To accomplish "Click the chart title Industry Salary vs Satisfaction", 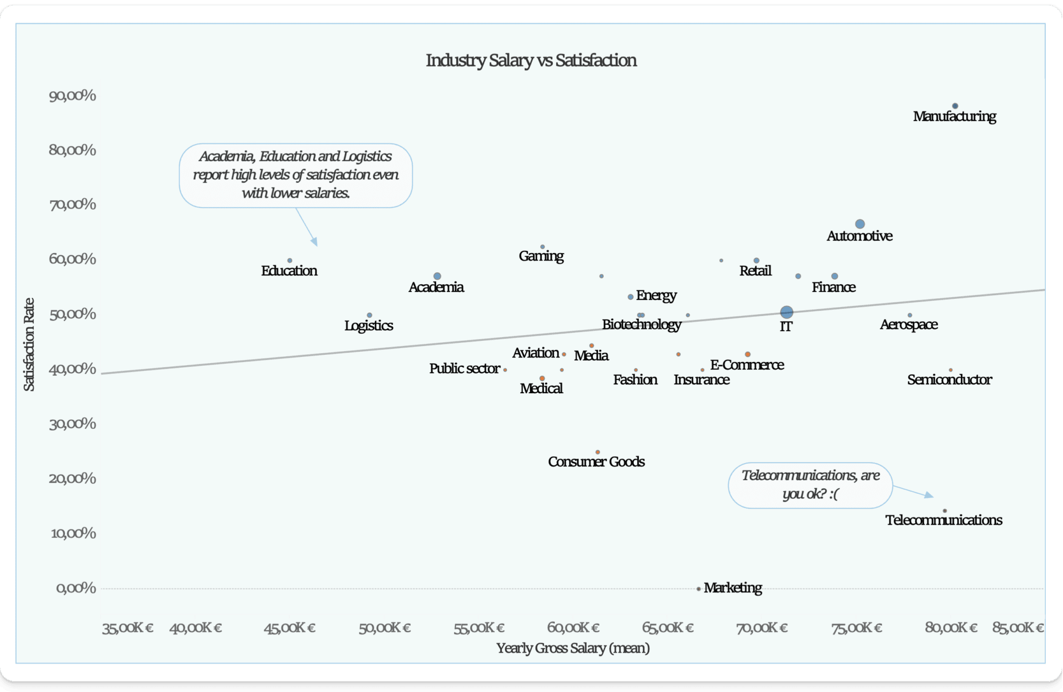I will [x=531, y=61].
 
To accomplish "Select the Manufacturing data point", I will [x=955, y=106].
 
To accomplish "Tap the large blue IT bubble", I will [x=787, y=312].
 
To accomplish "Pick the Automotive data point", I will [x=860, y=224].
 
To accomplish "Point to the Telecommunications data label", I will [x=944, y=520].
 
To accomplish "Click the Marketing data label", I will [x=733, y=588].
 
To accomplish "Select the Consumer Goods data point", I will [x=597, y=452].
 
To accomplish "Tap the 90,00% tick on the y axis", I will [x=73, y=96].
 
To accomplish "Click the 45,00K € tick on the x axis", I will [x=290, y=628].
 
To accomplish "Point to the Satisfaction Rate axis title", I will [x=29, y=344].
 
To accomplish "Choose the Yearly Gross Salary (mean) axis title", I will [x=573, y=648].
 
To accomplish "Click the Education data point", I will [x=290, y=261].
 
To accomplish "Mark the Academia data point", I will [x=437, y=276].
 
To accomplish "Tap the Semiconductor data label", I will [x=949, y=380].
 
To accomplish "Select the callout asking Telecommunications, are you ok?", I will [x=810, y=485].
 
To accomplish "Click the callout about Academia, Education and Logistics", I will [x=296, y=175].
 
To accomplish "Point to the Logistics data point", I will [x=370, y=315].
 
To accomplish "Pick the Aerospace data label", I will [x=909, y=325].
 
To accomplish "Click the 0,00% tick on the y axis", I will [x=76, y=588].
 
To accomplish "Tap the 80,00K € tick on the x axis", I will [x=951, y=628].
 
